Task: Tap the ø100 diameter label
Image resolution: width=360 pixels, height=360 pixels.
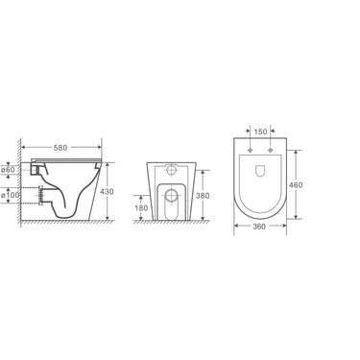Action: (x=10, y=196)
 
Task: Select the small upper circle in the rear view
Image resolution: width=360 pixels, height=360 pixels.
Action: (x=168, y=164)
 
